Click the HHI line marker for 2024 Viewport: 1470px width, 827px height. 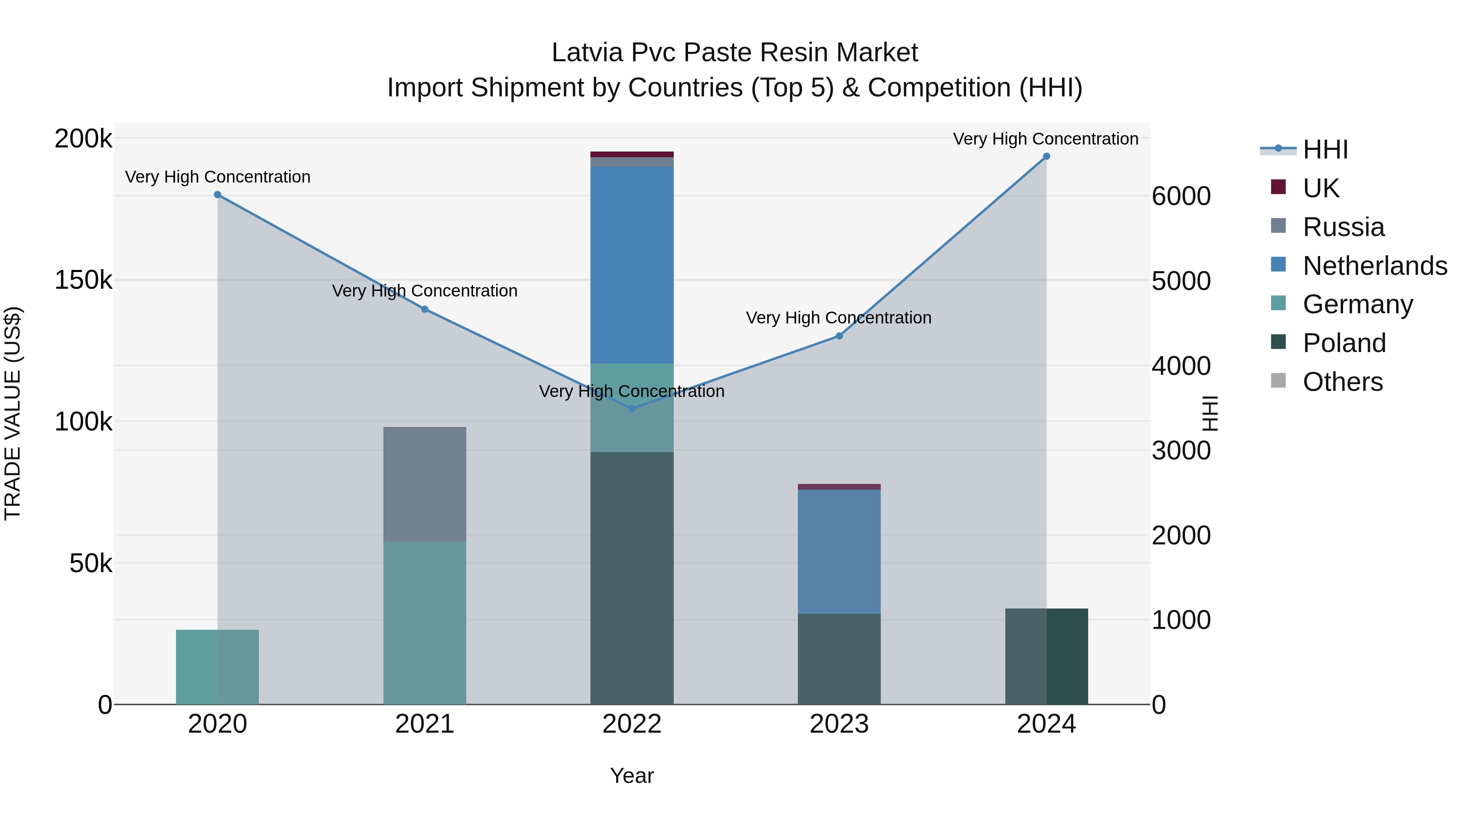pos(1046,156)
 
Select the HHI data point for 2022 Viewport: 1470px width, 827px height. pos(632,409)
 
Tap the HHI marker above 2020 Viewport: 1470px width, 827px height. pos(217,195)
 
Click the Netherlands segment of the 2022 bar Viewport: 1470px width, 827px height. pos(632,265)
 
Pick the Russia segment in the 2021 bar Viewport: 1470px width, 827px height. pos(425,484)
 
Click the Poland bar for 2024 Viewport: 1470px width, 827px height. pos(1046,656)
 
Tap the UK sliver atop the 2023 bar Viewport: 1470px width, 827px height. pos(839,487)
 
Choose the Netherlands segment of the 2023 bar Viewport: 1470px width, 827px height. pos(839,551)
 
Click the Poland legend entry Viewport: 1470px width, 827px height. pos(1344,343)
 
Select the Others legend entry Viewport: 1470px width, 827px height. pos(1343,382)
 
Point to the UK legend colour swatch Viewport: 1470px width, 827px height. pos(1278,187)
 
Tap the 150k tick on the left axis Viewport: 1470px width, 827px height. pos(83,280)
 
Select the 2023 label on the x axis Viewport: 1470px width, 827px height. pos(839,724)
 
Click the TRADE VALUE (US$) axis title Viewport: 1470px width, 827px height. pos(13,413)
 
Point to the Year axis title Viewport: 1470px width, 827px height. pos(632,776)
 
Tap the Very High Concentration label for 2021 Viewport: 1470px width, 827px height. pos(425,291)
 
